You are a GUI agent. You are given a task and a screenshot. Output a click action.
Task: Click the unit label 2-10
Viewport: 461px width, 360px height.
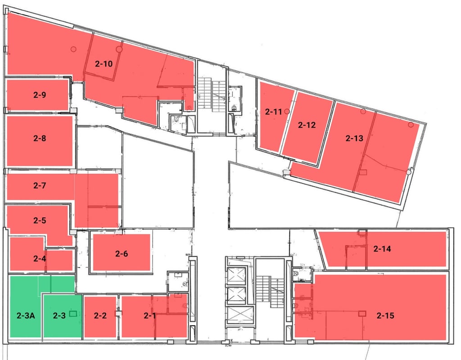pos(104,63)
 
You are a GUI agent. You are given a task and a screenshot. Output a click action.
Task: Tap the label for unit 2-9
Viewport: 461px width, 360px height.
pos(40,94)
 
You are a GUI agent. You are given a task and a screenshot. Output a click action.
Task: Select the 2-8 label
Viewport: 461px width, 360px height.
pos(40,138)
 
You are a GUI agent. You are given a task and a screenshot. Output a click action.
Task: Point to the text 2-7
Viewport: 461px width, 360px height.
pos(40,185)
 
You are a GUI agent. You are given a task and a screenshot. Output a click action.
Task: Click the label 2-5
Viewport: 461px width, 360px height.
pos(40,220)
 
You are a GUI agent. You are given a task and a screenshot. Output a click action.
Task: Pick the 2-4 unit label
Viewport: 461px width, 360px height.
pos(40,258)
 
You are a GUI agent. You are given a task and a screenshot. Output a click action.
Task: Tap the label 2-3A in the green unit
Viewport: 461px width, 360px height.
pos(26,316)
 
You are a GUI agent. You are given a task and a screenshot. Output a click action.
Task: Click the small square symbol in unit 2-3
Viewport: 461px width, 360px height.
pos(73,315)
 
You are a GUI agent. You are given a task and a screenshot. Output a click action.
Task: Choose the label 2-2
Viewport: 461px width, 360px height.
pos(100,315)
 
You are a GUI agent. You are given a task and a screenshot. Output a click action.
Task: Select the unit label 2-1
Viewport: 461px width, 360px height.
pos(150,315)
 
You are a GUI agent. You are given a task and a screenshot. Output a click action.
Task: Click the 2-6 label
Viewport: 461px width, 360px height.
pos(122,254)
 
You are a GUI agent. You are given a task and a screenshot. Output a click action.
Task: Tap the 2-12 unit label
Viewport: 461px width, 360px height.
pos(307,125)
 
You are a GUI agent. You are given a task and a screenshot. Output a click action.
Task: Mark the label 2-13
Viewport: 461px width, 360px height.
pos(354,138)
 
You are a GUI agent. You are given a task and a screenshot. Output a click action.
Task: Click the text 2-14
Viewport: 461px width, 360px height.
pos(382,248)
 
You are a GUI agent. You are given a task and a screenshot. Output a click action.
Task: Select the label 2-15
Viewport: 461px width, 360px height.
pos(386,315)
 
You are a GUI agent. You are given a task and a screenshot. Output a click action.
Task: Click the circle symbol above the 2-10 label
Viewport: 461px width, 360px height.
pos(119,49)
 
